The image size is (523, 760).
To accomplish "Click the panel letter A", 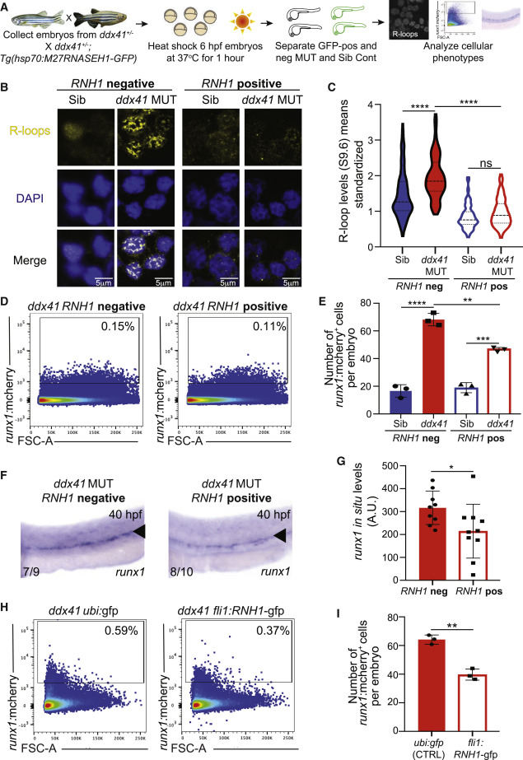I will (7, 7).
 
